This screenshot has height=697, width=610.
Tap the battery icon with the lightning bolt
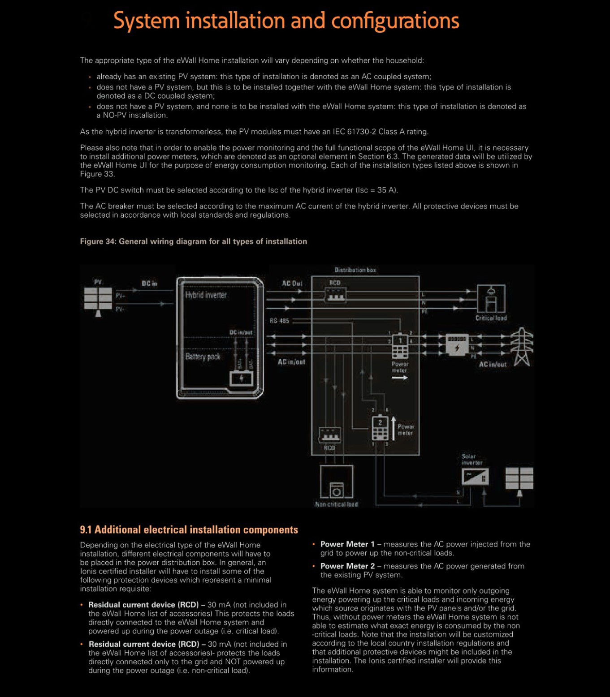pyautogui.click(x=241, y=379)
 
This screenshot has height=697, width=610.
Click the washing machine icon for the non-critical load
pyautogui.click(x=337, y=490)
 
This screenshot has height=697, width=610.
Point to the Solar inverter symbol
pyautogui.click(x=475, y=477)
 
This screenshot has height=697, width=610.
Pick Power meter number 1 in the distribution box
pyautogui.click(x=400, y=346)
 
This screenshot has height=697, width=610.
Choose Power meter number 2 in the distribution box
pyautogui.click(x=380, y=428)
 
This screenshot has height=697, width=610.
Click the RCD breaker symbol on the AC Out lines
pyautogui.click(x=335, y=295)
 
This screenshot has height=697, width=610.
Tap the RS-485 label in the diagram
pyautogui.click(x=279, y=321)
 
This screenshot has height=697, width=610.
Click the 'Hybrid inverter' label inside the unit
pyautogui.click(x=206, y=295)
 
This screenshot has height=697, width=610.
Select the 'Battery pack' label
pyautogui.click(x=203, y=357)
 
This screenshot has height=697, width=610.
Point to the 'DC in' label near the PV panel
pyautogui.click(x=149, y=284)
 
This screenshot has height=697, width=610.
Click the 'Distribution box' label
pyautogui.click(x=355, y=270)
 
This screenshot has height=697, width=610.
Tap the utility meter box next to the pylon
pyautogui.click(x=457, y=345)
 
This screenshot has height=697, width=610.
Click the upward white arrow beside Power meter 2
pyautogui.click(x=393, y=428)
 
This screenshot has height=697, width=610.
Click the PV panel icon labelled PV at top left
pyautogui.click(x=98, y=297)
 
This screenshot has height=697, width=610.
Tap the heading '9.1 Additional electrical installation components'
pyautogui.click(x=189, y=530)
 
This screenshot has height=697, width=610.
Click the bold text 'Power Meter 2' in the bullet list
pyautogui.click(x=347, y=566)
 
